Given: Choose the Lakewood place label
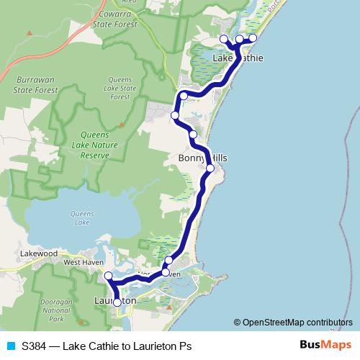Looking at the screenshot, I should [x=38, y=253].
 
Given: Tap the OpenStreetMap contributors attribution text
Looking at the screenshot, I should [x=297, y=322].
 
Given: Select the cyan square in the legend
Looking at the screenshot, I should [x=10, y=346].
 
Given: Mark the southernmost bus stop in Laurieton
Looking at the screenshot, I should [x=117, y=303].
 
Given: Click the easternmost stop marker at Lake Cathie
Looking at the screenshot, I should [x=253, y=38].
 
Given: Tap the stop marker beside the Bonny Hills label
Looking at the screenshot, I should [x=210, y=168].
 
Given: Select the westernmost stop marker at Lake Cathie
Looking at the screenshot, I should [x=223, y=39].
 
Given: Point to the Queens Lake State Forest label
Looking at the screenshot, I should [x=120, y=88].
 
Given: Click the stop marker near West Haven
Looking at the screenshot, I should [x=109, y=276].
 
